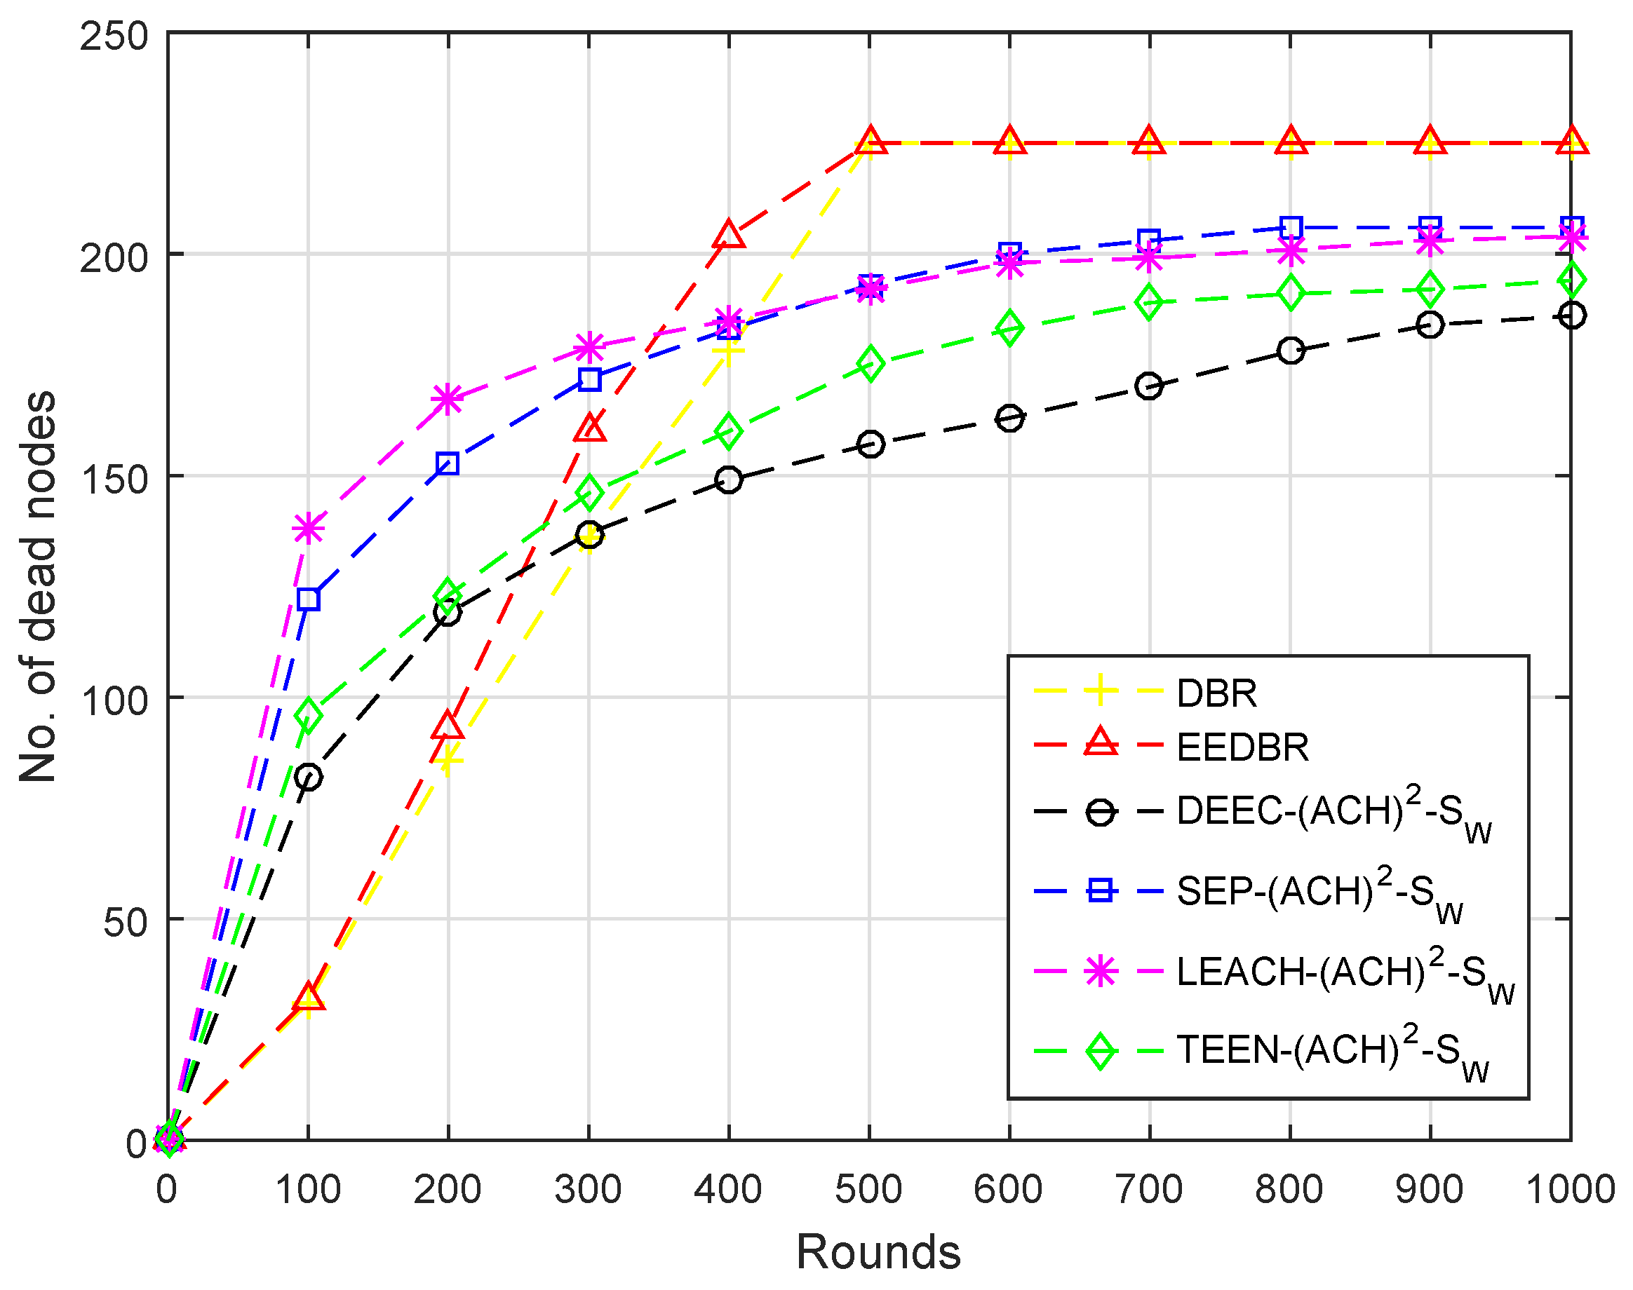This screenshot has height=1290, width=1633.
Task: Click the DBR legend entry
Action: [1216, 693]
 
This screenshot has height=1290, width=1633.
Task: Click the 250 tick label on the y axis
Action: [114, 36]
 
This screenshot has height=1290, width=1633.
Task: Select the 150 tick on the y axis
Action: [114, 478]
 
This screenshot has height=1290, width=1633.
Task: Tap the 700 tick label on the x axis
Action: [1148, 1190]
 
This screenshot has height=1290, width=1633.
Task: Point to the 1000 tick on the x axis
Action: [1571, 1190]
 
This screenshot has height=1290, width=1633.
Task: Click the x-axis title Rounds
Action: [878, 1252]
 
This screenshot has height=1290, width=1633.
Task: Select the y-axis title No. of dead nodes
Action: [38, 586]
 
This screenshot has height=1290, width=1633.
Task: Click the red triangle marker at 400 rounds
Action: [728, 235]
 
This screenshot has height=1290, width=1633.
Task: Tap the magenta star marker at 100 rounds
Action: [309, 528]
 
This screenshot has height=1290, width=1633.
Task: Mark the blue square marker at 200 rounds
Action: [448, 463]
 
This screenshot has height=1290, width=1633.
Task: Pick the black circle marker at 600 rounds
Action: [1009, 418]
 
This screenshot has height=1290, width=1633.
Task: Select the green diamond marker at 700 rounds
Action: [1148, 302]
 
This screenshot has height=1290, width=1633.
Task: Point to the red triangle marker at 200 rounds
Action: [448, 726]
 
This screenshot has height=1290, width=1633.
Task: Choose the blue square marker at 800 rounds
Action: [1291, 226]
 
